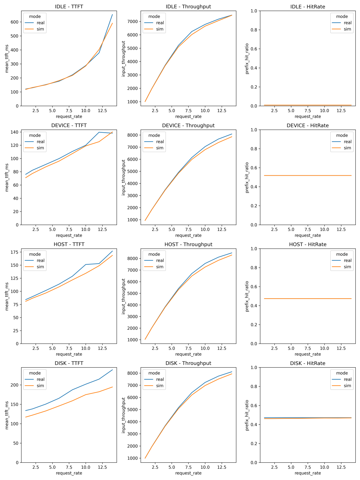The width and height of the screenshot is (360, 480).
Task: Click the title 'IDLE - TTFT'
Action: click(69, 7)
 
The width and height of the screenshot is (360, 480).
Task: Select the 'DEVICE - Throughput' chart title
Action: click(188, 126)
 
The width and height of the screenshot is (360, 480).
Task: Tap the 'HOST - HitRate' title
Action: click(308, 244)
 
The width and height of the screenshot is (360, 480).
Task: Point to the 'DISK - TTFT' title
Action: click(69, 363)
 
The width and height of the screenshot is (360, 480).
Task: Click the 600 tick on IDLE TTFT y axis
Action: click(14, 22)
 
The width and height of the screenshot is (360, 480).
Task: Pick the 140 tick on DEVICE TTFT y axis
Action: click(14, 132)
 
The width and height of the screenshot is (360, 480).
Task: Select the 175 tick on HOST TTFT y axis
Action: click(14, 252)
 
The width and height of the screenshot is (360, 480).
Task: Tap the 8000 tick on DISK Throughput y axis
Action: click(132, 373)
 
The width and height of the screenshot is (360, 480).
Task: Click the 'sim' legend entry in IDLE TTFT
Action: click(40, 29)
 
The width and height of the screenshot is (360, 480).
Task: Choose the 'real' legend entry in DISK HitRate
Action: click(347, 379)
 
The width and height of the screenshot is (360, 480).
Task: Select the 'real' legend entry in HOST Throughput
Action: click(160, 260)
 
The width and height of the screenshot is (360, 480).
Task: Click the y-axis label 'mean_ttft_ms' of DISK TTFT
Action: click(7, 415)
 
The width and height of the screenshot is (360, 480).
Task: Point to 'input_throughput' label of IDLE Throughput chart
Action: click(123, 59)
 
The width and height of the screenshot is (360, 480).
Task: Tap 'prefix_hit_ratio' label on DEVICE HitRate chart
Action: click(247, 178)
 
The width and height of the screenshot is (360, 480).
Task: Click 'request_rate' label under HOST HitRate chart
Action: click(308, 354)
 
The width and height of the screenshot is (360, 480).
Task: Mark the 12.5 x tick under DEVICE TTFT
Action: click(102, 229)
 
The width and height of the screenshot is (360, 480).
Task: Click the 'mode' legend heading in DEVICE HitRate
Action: click(342, 135)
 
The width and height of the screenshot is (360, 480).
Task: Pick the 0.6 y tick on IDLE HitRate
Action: click(254, 49)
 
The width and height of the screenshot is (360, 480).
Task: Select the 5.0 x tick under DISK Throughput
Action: click(172, 467)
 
